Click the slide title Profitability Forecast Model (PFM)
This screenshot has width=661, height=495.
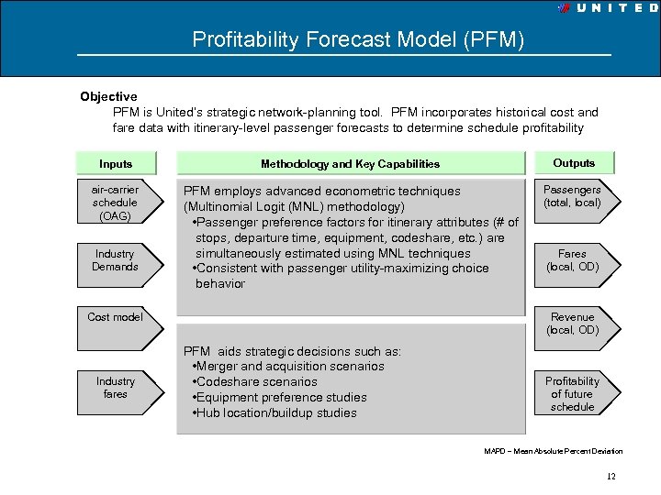(x=358, y=40)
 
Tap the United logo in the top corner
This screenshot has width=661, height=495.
(x=608, y=7)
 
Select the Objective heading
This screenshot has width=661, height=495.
(x=108, y=96)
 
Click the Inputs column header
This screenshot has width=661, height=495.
(x=116, y=164)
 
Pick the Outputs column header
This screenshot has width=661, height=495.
(x=574, y=163)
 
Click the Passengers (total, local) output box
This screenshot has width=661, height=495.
(x=572, y=196)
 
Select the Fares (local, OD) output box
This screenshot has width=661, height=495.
(x=572, y=260)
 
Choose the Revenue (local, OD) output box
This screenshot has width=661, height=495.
(x=572, y=324)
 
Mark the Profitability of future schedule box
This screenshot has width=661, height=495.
(x=572, y=394)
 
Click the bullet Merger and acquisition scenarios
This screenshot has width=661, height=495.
(x=288, y=367)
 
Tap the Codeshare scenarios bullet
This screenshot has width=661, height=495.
(x=256, y=382)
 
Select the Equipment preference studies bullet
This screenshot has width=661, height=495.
(x=281, y=398)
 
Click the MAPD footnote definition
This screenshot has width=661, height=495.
(x=553, y=451)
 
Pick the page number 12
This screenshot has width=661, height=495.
(x=611, y=477)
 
